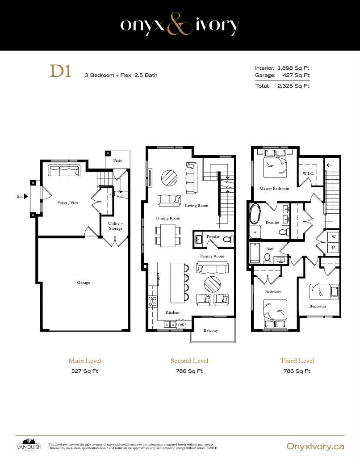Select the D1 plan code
pos(61,72)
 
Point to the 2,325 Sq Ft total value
pos(293,86)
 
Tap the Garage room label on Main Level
pos(84,283)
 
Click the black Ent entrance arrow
pos(26,196)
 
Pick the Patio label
pos(117,160)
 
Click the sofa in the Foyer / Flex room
pos(64,171)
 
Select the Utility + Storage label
pos(116,226)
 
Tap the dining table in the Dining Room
pos(168,235)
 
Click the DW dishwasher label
pos(181,325)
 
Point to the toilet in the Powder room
pos(228,239)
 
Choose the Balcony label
pos(210,330)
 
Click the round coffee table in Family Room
pos(212,284)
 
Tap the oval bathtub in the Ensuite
pos(254,214)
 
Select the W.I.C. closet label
pos(308,173)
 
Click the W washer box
pos(333,237)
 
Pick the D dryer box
pos(333,247)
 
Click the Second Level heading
pos(189,361)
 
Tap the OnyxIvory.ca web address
pos(315,446)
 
